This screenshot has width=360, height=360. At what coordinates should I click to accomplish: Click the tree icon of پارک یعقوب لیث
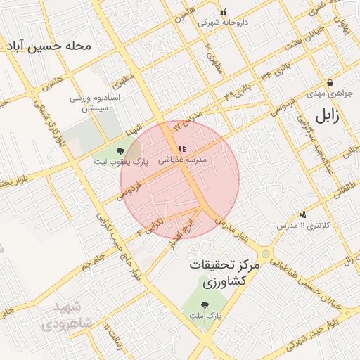point(120,150)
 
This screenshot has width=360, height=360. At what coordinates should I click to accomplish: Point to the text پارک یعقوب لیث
point(113,162)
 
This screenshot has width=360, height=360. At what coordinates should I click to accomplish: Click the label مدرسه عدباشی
point(183,160)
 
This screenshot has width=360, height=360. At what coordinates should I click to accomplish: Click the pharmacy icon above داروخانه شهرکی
point(224,11)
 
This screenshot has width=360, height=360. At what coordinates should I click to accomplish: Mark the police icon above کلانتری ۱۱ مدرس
point(303,214)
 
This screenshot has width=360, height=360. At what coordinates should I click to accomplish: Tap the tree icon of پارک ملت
point(205,306)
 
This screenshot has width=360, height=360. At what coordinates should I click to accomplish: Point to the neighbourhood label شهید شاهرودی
point(67,316)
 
